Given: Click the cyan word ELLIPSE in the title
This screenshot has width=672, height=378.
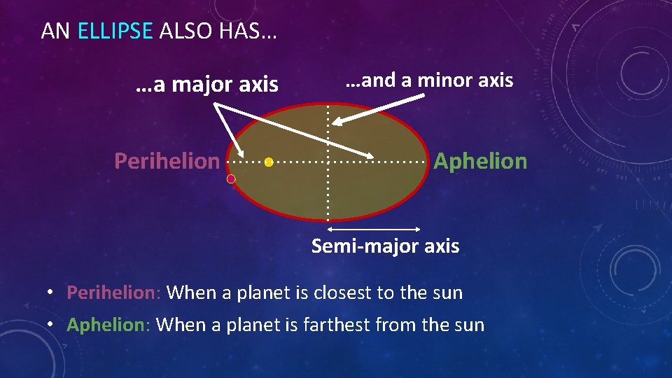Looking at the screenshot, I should (x=115, y=31).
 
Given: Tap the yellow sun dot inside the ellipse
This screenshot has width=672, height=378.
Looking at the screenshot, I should (x=269, y=162).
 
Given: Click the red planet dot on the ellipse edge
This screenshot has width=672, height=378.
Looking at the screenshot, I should (x=231, y=179).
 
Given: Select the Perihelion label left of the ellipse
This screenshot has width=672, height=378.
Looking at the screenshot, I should (x=167, y=161).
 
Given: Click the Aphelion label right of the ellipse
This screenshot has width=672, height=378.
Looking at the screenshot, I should (x=480, y=161).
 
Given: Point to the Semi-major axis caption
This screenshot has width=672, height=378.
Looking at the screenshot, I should (x=385, y=246).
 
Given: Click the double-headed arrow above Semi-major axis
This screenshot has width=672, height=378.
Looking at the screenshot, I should (x=374, y=229).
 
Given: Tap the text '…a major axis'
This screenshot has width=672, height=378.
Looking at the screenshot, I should (x=206, y=85).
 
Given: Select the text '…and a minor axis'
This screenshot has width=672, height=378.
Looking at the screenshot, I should (x=429, y=80).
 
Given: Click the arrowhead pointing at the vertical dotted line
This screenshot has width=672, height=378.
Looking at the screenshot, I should (x=337, y=122).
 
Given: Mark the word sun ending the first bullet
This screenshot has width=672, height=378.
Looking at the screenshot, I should (x=447, y=293).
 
